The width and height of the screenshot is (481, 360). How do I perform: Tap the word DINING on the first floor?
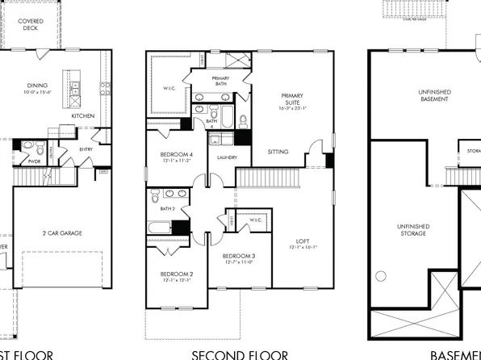pos(36,84)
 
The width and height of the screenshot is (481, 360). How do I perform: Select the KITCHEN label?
pos(83,116)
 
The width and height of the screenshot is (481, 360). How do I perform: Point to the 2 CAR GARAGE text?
pos(62,233)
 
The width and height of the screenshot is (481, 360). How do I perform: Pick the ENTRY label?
pos(86,149)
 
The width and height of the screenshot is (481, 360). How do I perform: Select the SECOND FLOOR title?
pos(239,354)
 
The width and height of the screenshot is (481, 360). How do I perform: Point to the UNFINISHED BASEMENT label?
pos(424,95)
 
